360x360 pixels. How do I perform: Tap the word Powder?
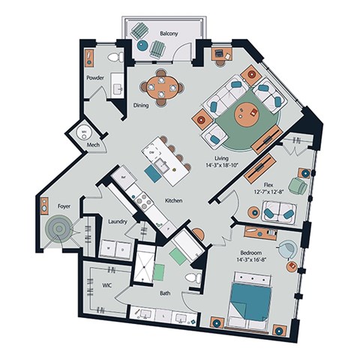click(95, 77)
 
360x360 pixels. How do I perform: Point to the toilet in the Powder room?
click(115, 57)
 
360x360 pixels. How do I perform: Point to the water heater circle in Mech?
click(85, 133)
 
